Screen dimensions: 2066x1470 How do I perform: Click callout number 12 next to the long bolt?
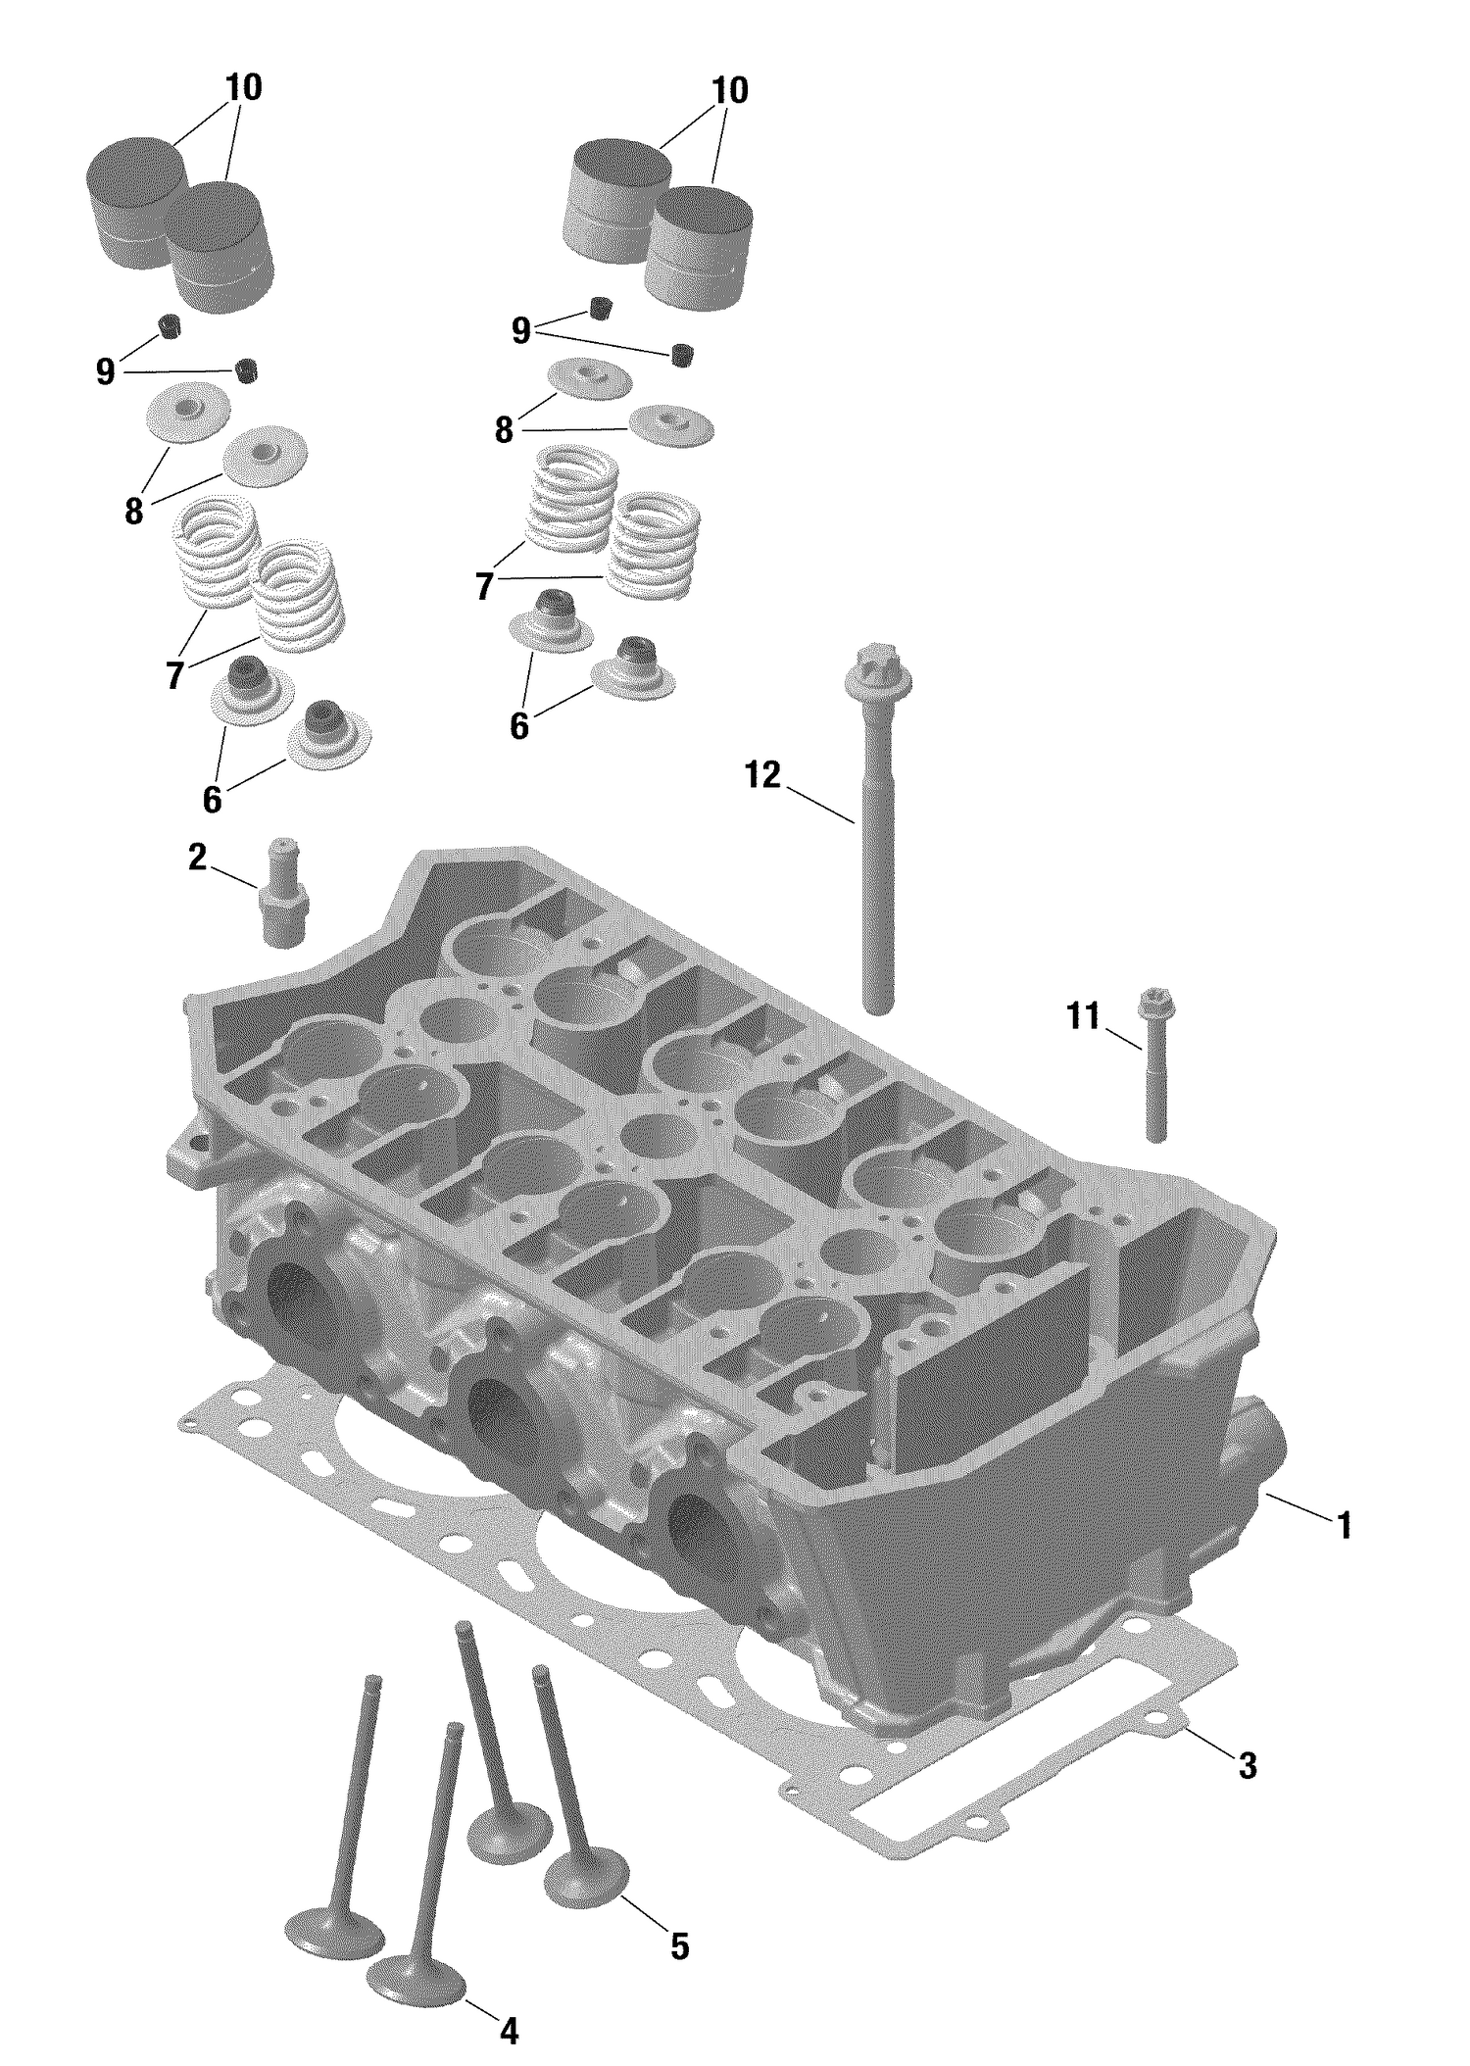(x=762, y=775)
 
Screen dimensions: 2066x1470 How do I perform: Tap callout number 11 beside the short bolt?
(x=1083, y=1016)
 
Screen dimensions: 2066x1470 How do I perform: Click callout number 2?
(x=197, y=858)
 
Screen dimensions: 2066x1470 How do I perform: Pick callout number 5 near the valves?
(x=679, y=1944)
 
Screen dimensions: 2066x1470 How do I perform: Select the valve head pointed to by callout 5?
(x=586, y=1874)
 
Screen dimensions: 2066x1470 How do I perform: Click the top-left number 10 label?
(x=243, y=88)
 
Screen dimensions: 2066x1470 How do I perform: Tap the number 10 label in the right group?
(x=729, y=90)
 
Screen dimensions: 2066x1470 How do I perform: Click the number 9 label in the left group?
(x=106, y=371)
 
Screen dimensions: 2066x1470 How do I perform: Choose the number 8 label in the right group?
(x=504, y=429)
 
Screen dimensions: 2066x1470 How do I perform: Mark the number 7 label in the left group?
(x=174, y=675)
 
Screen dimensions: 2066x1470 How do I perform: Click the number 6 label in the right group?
(x=518, y=726)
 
